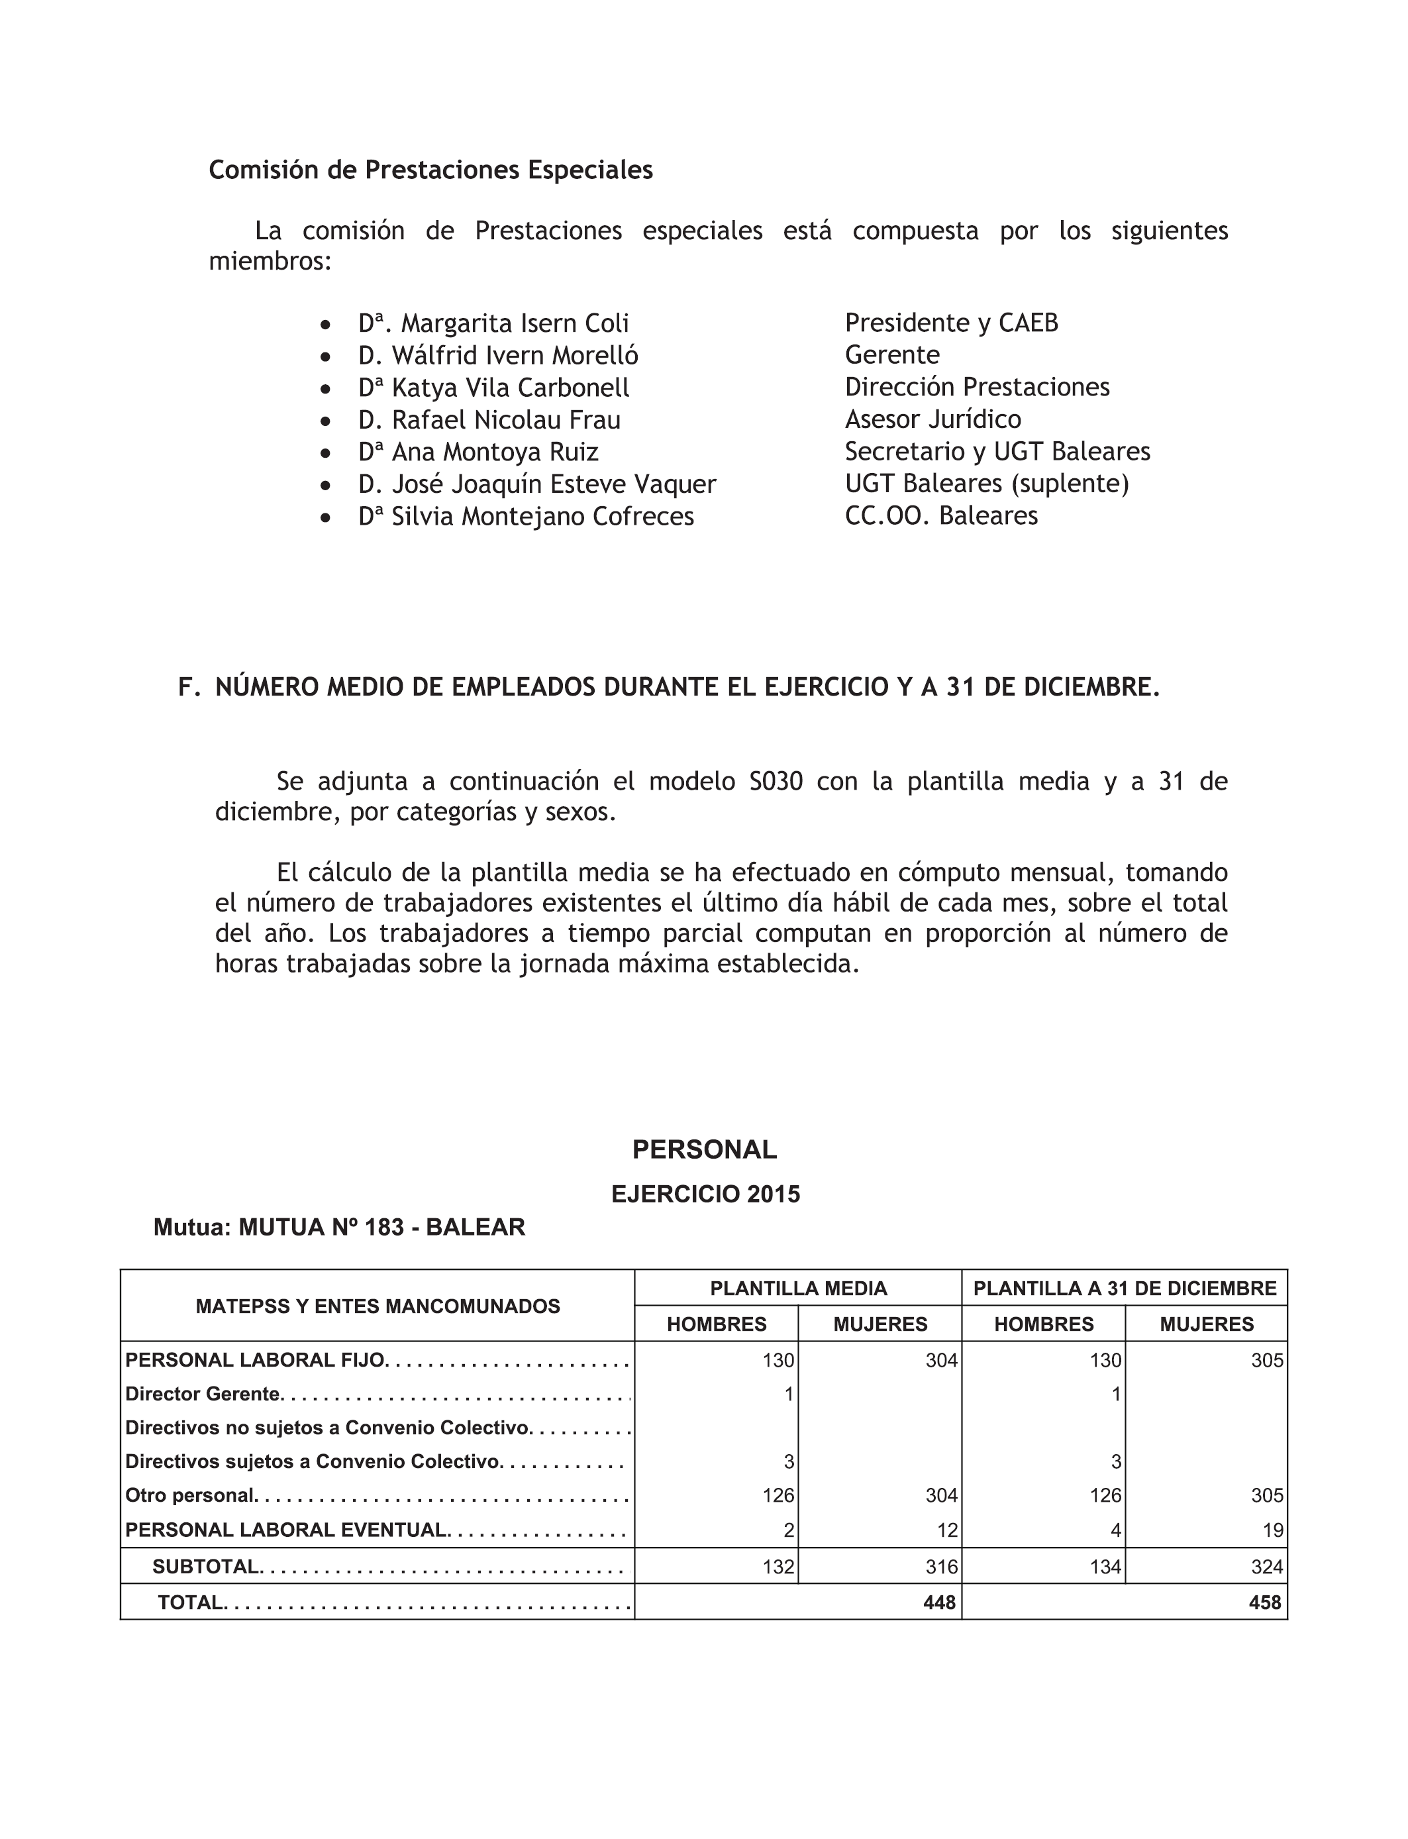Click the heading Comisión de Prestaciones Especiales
coord(430,170)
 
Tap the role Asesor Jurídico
coord(932,419)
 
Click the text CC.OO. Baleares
coord(941,515)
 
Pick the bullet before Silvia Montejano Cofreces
coord(326,518)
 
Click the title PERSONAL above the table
coord(705,1150)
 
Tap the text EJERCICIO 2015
coord(706,1194)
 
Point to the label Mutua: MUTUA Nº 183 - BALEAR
coord(340,1228)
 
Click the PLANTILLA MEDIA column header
coord(798,1288)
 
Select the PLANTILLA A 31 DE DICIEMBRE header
coord(1125,1288)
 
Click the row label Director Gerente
coord(202,1394)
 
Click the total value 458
coord(1265,1603)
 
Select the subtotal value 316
coord(942,1567)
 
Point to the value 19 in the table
coord(1273,1530)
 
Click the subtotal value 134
coord(1105,1567)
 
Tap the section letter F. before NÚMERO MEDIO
coord(189,688)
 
